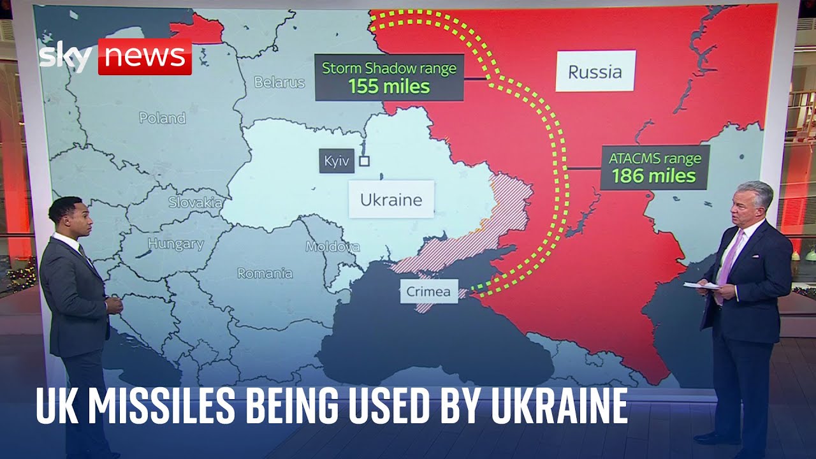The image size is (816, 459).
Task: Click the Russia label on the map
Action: tap(595, 71)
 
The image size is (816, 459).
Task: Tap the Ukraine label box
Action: tap(391, 200)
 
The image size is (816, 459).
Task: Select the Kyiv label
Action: tap(336, 162)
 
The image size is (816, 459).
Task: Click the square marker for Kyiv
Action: tap(365, 161)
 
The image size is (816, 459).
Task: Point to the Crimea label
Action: tap(428, 293)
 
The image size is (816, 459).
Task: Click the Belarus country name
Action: tap(279, 82)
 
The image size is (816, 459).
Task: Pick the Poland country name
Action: tap(163, 118)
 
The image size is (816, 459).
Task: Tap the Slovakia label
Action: tap(195, 203)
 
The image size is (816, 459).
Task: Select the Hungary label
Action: tap(176, 244)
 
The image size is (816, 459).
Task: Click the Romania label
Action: tap(265, 273)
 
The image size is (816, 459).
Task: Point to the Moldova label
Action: tap(332, 247)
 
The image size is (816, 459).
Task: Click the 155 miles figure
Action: tap(389, 86)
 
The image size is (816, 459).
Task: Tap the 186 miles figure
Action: tap(654, 175)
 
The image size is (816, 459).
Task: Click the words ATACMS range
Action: tap(654, 158)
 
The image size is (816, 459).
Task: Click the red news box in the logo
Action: tap(145, 57)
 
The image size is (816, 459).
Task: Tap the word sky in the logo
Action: tap(66, 57)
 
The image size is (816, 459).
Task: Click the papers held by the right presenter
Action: tap(701, 286)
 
